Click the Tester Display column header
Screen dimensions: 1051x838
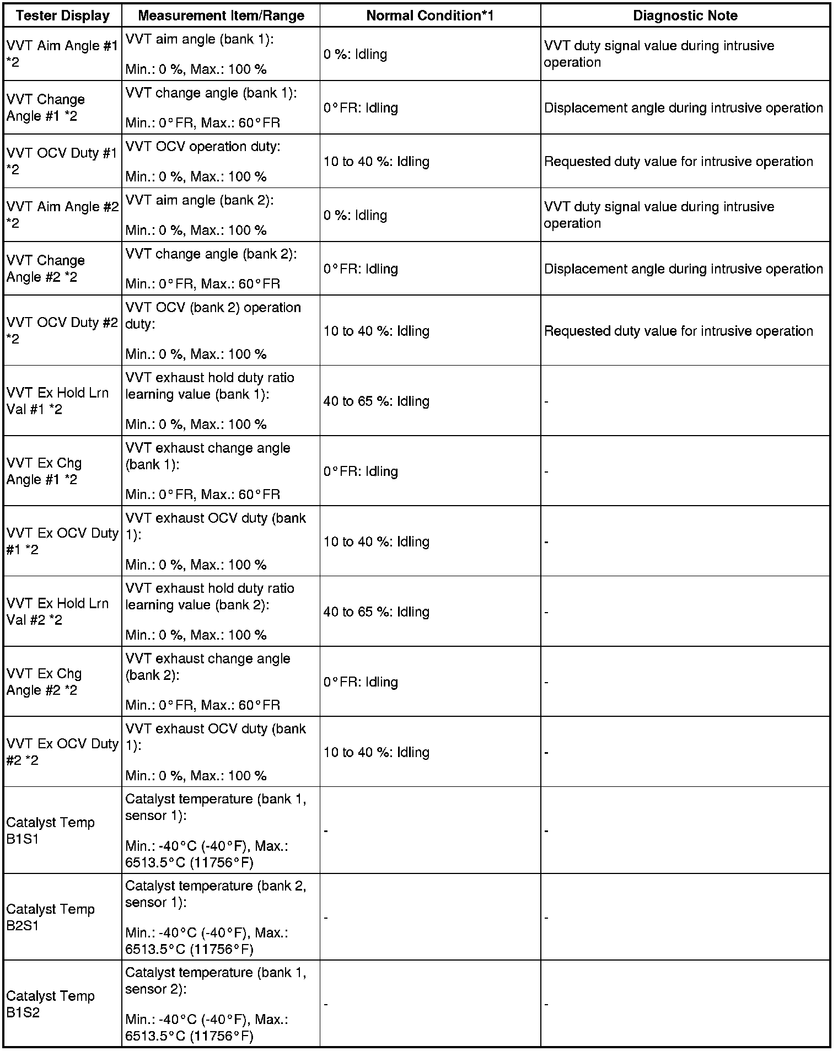(x=62, y=15)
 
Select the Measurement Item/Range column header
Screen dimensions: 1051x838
(x=221, y=15)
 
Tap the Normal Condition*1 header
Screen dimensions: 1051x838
(x=429, y=15)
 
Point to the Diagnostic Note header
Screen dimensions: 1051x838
(x=685, y=15)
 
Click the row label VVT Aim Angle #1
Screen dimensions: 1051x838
(x=62, y=54)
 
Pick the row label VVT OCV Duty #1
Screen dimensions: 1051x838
(x=62, y=161)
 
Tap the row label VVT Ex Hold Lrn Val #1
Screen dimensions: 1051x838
(x=57, y=401)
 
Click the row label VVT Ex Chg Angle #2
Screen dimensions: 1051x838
(x=44, y=682)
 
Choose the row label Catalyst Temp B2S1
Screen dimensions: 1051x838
(x=51, y=917)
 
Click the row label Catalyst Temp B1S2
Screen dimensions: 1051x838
(x=51, y=1004)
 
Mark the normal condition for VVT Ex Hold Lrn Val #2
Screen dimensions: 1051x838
(x=376, y=612)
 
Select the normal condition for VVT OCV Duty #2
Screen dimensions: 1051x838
(x=376, y=331)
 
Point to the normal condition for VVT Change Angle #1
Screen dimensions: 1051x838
(x=361, y=108)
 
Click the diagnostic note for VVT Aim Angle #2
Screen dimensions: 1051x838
(x=659, y=215)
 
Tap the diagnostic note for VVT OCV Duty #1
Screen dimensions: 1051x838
(x=678, y=162)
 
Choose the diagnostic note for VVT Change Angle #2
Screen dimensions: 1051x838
(x=683, y=269)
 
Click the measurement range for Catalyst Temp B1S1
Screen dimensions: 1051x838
(x=216, y=830)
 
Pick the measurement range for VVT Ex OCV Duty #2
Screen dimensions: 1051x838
(x=216, y=752)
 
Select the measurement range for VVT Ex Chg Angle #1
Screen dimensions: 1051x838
(x=208, y=471)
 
